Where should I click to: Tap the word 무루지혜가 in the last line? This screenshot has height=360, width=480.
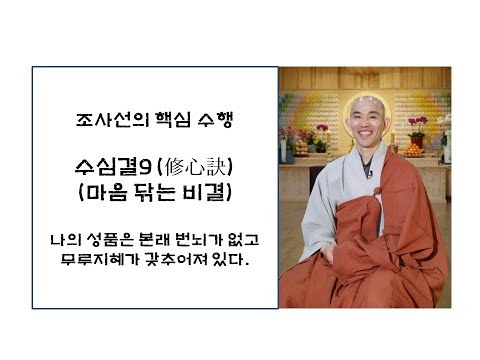[x=105, y=262]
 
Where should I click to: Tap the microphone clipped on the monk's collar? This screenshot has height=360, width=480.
[x=368, y=176]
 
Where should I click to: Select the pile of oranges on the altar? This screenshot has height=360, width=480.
[x=413, y=150]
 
